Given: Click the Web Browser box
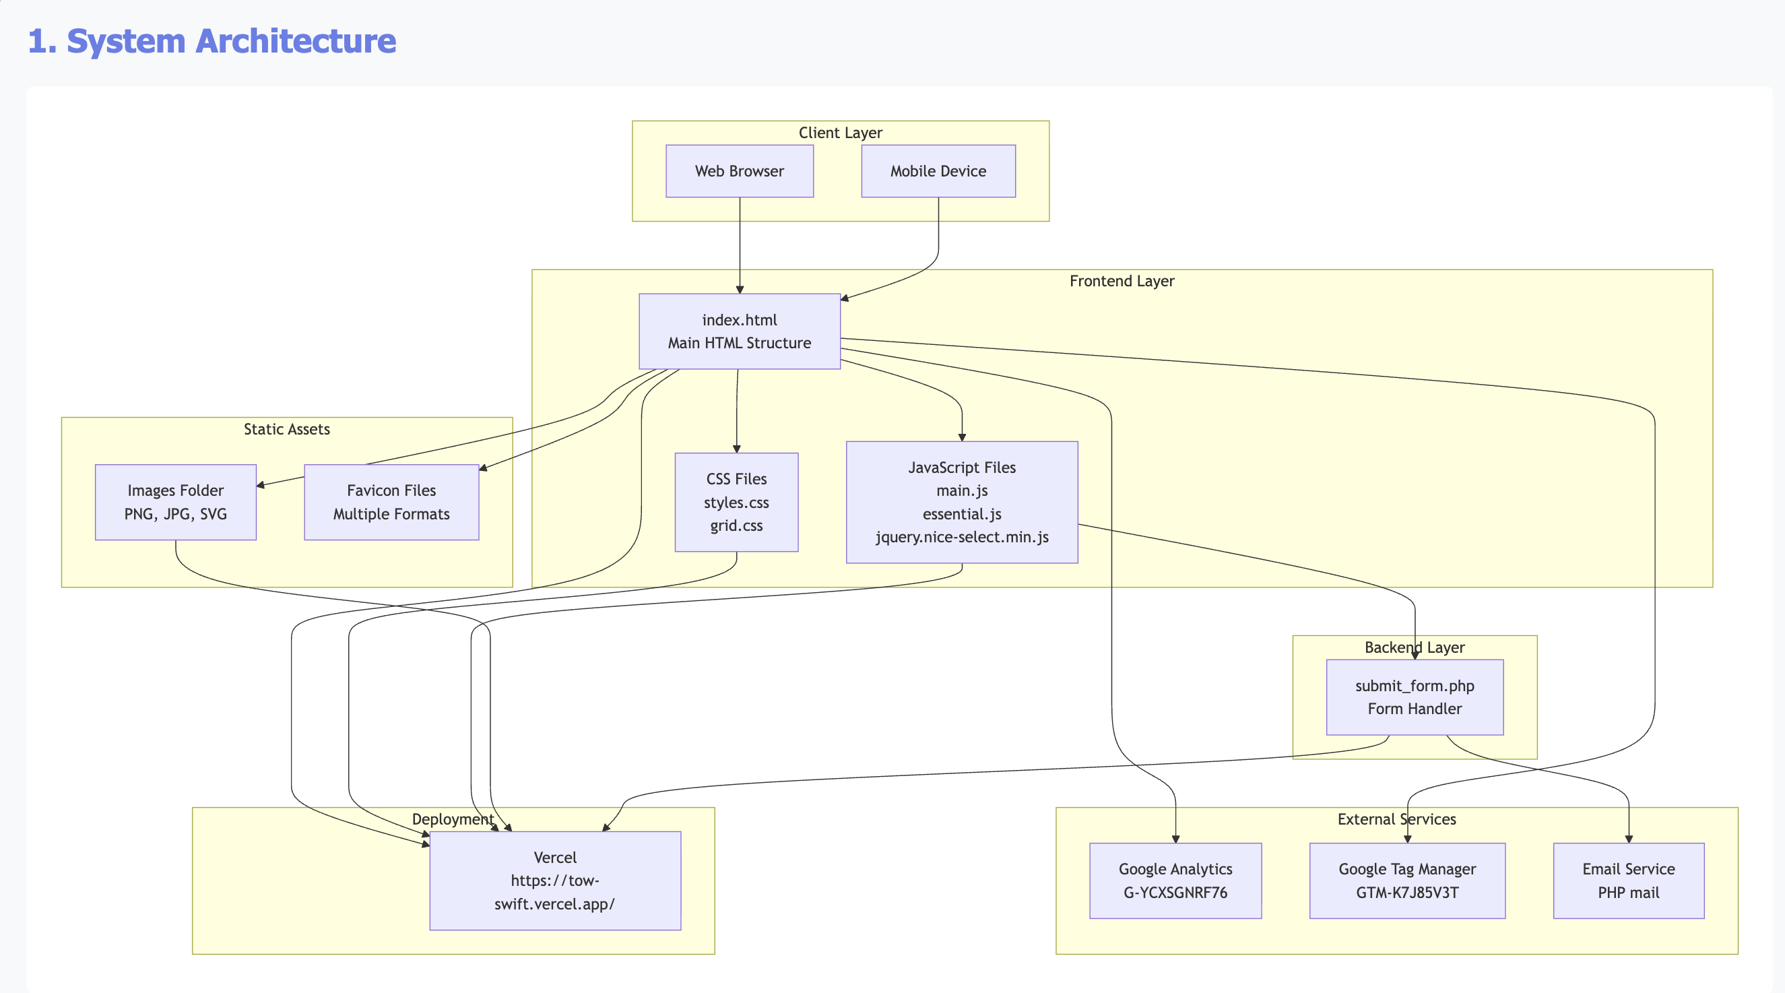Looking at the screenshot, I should tap(740, 171).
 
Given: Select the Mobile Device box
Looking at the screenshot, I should tap(938, 171).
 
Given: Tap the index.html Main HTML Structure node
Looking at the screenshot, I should tap(740, 331).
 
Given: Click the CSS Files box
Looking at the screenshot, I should tap(736, 503).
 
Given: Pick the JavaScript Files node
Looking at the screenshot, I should tap(962, 503).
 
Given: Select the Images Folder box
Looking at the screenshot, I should tap(175, 503).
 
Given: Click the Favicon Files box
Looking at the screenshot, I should tap(391, 503).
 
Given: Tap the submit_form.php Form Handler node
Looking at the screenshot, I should tap(1415, 697).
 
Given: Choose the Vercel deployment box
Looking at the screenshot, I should tap(555, 880).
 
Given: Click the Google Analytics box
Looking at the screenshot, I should tap(1175, 880).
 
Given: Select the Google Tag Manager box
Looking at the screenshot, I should tap(1406, 880).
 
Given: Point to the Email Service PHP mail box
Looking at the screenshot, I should tap(1629, 880).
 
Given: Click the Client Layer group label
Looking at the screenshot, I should tap(840, 132).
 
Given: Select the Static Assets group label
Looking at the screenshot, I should tap(286, 429).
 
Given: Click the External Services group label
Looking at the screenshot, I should tap(1396, 819).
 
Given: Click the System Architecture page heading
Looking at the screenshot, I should tap(212, 41).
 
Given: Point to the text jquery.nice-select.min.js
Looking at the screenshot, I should tap(962, 537).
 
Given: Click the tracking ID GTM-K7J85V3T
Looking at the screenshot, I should tap(1406, 893).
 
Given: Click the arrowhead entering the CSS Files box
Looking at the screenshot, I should tap(736, 449).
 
